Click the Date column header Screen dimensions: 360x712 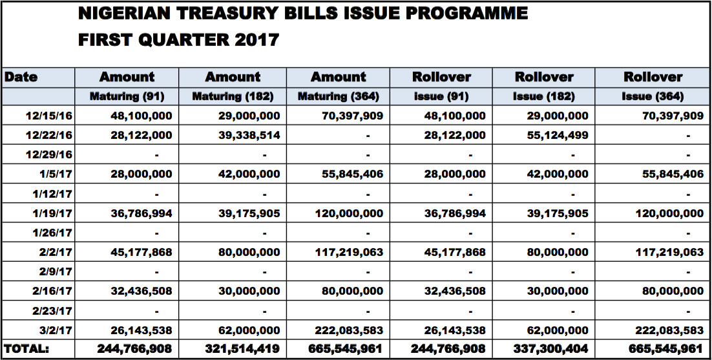21,77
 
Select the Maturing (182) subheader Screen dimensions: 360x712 233,96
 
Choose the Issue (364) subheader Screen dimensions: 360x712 653,96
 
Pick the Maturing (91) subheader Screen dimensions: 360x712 127,96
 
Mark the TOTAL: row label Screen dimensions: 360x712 26,349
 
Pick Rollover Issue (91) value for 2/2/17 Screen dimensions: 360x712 455,252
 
